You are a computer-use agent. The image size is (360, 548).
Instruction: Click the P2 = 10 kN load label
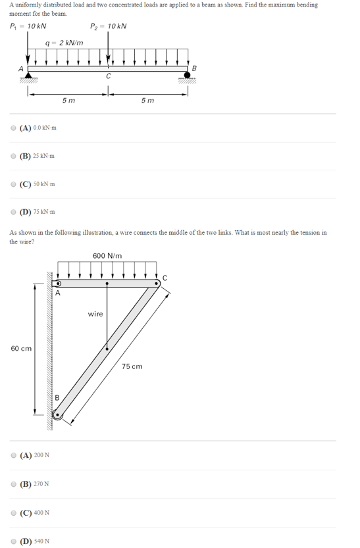pos(109,26)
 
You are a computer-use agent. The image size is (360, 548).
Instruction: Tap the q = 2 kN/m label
pos(64,43)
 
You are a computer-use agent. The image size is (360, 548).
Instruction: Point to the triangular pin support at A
pos(28,76)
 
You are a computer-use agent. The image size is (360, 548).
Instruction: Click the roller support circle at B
pos(188,76)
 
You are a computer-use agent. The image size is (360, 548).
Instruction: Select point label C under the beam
pos(109,77)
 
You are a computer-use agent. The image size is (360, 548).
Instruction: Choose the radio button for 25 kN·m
pos(14,156)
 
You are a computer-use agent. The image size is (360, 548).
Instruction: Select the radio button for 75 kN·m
pos(14,212)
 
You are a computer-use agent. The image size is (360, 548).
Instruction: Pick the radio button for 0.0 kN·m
pos(14,128)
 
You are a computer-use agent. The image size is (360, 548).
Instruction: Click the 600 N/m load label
pos(107,256)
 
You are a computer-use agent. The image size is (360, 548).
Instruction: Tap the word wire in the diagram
pos(95,314)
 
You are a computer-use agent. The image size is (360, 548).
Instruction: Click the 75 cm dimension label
pos(132,366)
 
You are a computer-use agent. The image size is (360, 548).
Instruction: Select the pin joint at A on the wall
pos(57,284)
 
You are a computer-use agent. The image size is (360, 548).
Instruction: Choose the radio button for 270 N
pos(14,484)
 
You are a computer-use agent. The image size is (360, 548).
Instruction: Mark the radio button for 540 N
pos(14,541)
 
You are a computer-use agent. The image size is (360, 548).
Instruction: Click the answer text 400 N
pos(42,513)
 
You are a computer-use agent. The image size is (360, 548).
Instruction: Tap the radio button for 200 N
pos(14,455)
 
